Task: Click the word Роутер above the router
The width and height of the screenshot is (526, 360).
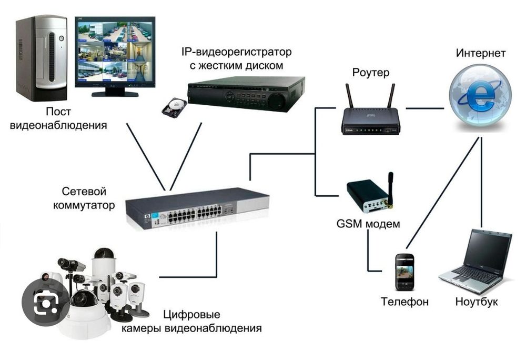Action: pos(370,73)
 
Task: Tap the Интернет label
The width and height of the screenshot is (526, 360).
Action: pos(481,53)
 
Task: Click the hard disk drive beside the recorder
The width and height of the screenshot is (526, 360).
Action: pos(174,107)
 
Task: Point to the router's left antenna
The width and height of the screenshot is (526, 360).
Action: pos(349,96)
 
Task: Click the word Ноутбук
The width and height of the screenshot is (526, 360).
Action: pos(476,302)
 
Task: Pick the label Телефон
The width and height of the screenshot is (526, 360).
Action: pos(404,302)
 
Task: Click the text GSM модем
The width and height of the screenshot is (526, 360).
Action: pos(368,224)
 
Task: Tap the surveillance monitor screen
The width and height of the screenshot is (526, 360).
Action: pos(115,52)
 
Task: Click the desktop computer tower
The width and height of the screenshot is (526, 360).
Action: pos(41,58)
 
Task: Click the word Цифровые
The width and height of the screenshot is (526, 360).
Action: pos(191,315)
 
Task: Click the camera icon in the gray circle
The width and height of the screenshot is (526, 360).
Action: pos(46,304)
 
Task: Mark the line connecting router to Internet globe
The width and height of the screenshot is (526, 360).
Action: pos(424,109)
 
